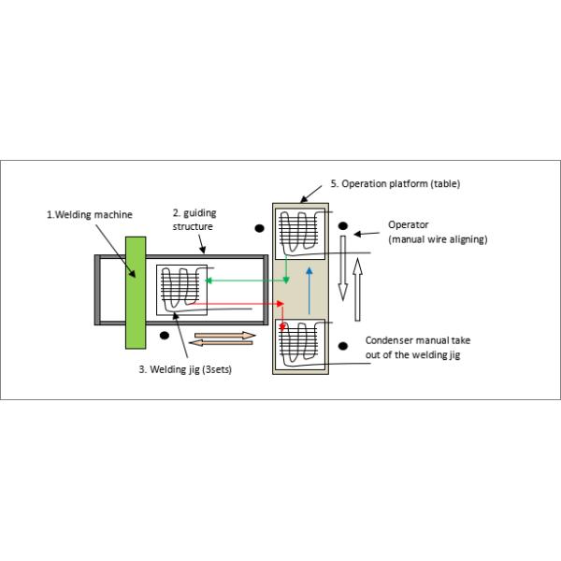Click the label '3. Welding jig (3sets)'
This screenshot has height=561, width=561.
point(185,368)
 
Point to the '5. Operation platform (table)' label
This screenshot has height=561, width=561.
point(396,184)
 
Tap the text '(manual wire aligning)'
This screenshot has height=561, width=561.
point(437,239)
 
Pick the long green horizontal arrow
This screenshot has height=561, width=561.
point(245,280)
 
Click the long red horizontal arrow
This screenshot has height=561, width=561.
point(245,304)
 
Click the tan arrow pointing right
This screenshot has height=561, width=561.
point(223,334)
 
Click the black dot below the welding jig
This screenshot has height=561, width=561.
point(165,335)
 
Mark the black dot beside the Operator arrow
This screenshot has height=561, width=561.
point(343,226)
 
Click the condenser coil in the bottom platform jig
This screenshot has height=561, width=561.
point(298,346)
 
